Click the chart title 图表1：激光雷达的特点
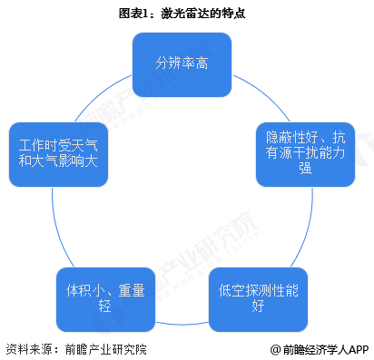tap(186, 14)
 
